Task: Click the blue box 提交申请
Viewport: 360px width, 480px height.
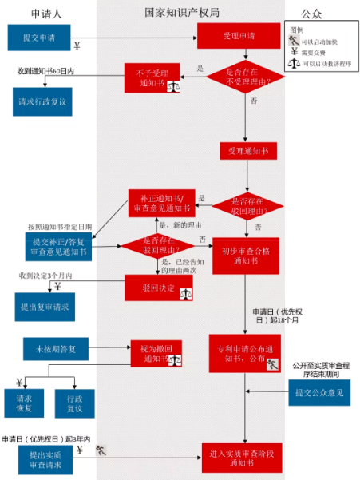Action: point(39,38)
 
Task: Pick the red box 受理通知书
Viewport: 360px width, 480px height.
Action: point(247,150)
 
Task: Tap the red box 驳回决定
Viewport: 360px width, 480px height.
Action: point(158,287)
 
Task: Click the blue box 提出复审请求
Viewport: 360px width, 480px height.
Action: point(45,305)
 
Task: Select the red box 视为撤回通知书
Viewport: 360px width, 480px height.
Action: point(157,354)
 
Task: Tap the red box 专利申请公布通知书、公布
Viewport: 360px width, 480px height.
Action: point(245,354)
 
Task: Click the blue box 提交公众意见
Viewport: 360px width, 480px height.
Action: point(318,392)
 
